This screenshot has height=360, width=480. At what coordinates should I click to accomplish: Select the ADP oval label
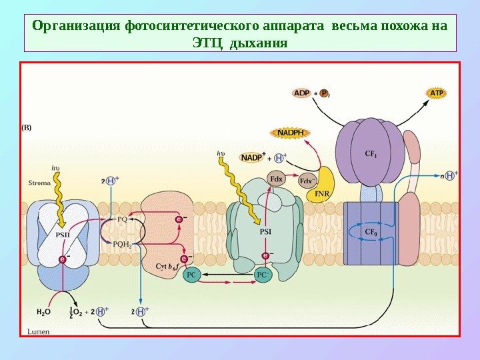pos(302,93)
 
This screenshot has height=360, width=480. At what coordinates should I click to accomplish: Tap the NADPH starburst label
pos(290,133)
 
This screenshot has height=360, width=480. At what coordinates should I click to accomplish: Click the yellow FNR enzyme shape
pos(325,185)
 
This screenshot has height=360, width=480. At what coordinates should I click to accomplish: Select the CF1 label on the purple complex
pos(371,153)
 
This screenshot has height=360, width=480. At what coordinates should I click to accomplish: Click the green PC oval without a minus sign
pos(191,274)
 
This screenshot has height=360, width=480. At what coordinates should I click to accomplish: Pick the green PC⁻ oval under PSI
pos(263,274)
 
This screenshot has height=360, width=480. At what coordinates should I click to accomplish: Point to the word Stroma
pos(39,181)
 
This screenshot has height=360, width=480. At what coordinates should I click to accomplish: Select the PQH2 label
pos(122,243)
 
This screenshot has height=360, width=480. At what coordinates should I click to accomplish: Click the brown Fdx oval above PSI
pos(276,178)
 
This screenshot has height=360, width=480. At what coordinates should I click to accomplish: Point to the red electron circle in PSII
pos(63,259)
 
